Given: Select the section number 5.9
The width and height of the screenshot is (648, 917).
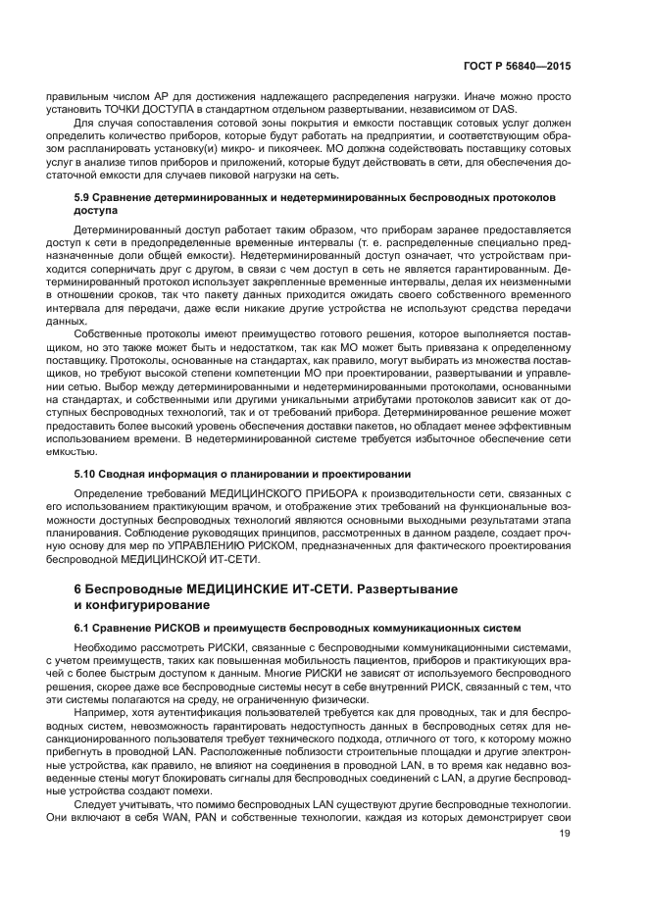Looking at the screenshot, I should coord(85,197).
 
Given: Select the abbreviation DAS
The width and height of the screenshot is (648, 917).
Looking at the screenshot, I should coord(477,109).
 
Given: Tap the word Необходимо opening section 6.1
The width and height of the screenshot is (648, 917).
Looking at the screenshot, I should coord(110,647).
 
